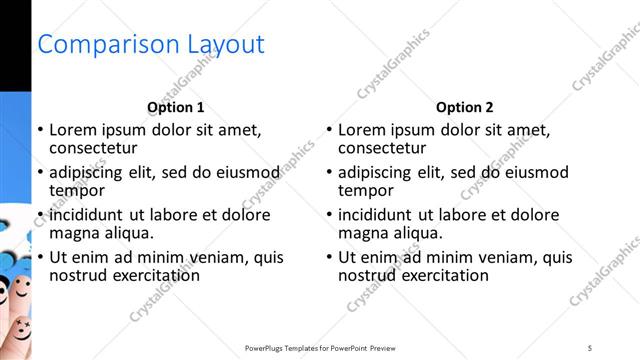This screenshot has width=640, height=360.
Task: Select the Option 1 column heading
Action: [176, 107]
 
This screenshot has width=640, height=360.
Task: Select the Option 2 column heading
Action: [465, 107]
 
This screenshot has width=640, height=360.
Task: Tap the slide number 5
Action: [590, 347]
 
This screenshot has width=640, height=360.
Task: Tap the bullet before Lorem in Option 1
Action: [40, 130]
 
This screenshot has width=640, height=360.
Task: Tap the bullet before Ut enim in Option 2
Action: [329, 258]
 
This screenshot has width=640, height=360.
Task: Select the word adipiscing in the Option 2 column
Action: [376, 172]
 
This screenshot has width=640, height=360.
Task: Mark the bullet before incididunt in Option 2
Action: [329, 215]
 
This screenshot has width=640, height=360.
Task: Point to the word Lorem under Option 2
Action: [362, 129]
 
